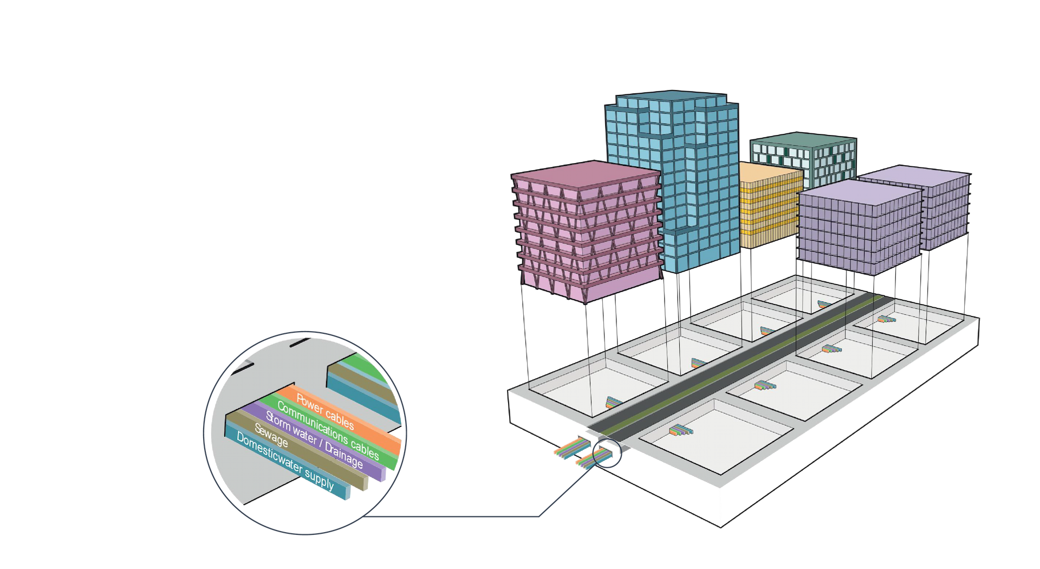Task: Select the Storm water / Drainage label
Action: coord(314,441)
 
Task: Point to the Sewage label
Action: coord(271,435)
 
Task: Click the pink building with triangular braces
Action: coord(588,238)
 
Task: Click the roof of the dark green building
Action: coord(802,139)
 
